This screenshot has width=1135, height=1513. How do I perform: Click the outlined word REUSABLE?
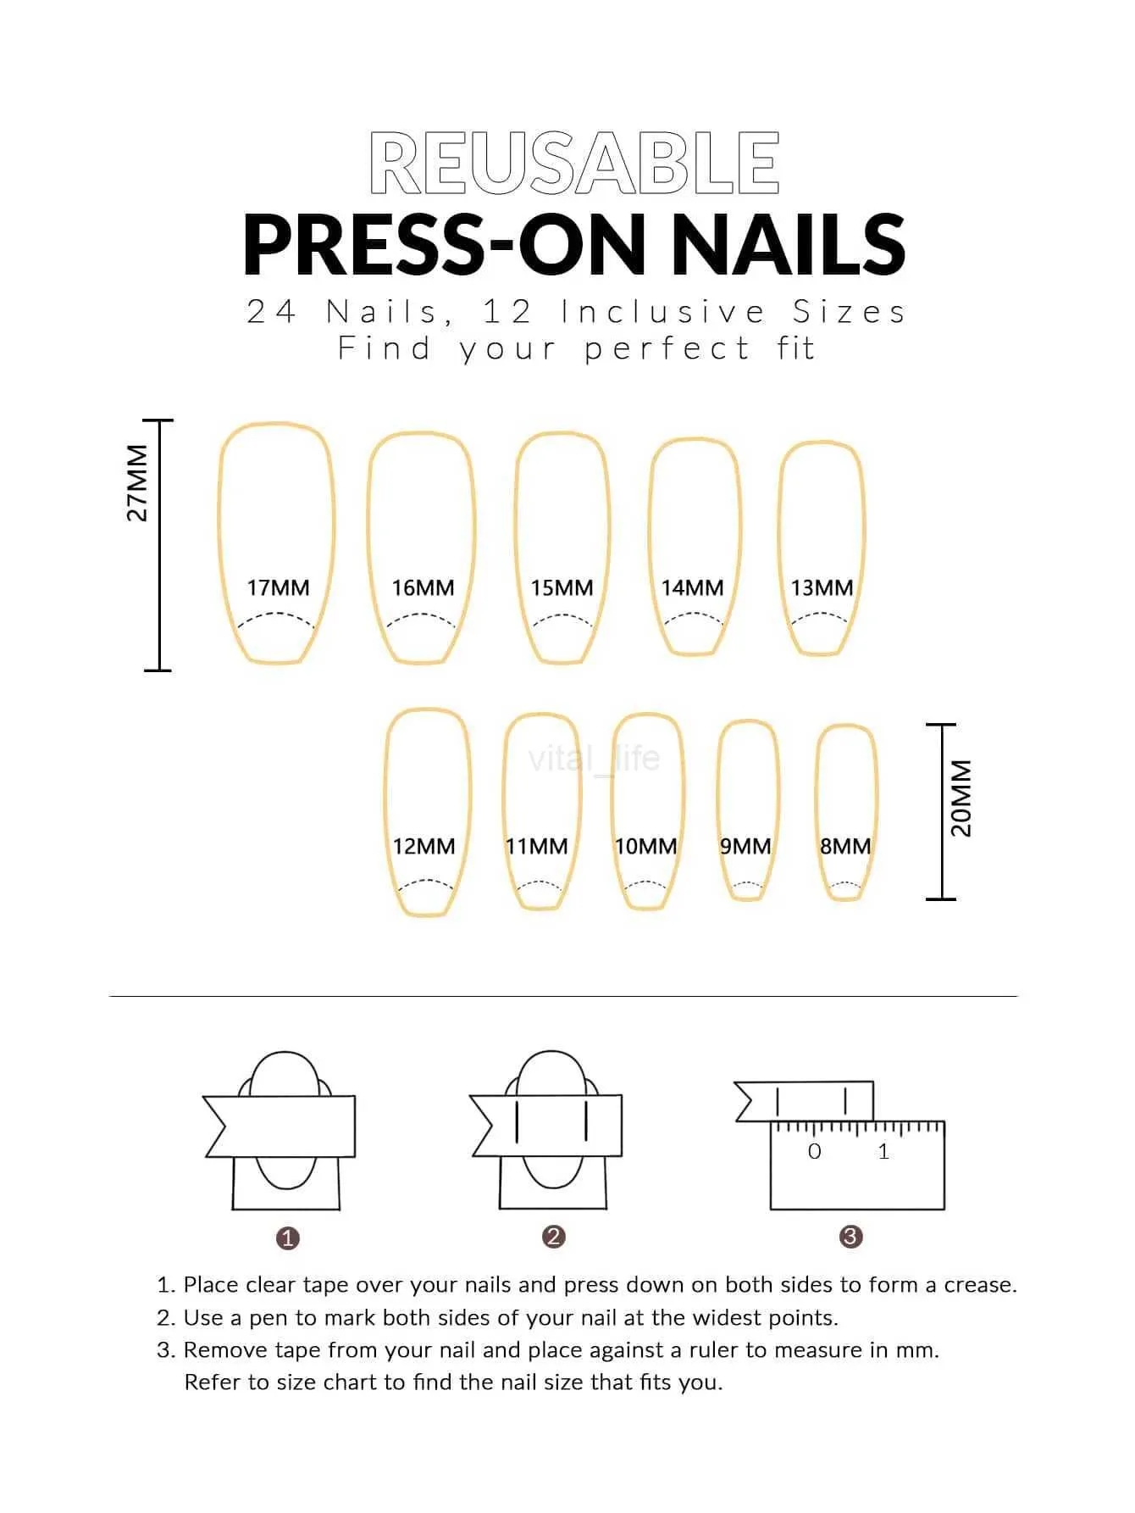coord(574,163)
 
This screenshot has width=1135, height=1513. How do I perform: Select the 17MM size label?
coord(278,587)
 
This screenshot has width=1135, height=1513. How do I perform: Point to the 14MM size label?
coord(692,587)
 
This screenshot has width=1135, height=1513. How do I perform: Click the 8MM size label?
coord(844,846)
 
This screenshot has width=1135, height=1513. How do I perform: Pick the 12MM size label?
coord(424,846)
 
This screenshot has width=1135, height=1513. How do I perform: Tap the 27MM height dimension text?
coord(137,482)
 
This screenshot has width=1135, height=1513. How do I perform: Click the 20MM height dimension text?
coord(961,798)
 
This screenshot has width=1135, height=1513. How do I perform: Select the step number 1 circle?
coord(288,1238)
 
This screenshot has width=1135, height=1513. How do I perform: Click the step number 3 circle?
coord(850,1237)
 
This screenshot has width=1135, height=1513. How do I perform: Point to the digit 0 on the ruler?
coord(814,1151)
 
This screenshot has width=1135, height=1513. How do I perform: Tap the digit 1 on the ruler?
coord(883,1151)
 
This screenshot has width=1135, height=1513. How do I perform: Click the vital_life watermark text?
coord(593,757)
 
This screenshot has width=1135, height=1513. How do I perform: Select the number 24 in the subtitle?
coord(271,312)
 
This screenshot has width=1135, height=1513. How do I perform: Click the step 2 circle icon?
coord(554,1237)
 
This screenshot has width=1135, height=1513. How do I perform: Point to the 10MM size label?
coord(645,846)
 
